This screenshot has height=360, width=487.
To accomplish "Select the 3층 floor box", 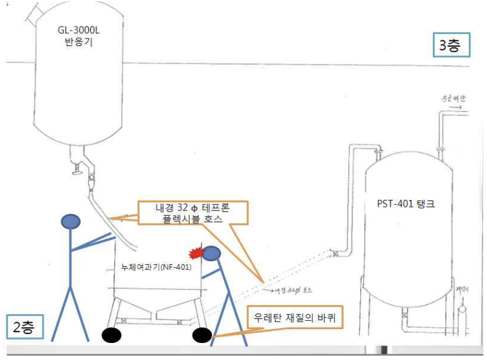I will tap(451, 45).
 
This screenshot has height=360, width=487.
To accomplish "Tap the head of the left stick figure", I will tap(71, 221).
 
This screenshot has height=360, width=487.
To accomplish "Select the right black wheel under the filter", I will tap(202, 335).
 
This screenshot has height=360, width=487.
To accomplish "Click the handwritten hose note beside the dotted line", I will tap(292, 291).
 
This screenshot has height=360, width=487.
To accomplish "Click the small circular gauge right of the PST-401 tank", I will tap(462, 310).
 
